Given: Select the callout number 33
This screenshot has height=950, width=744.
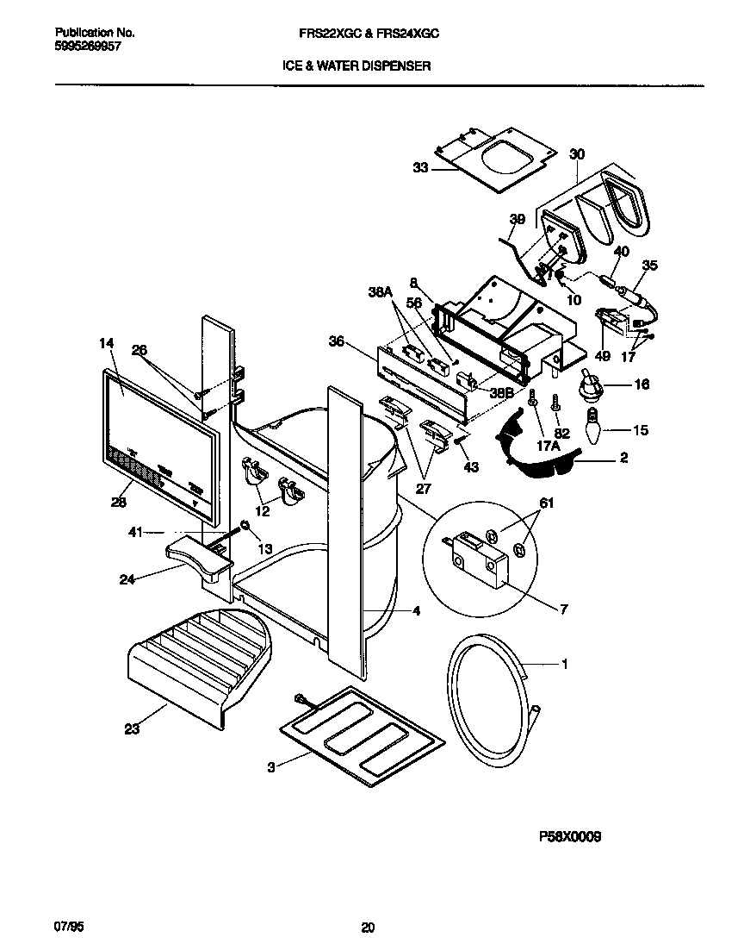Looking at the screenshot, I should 420,168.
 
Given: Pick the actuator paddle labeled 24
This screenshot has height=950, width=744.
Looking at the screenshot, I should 198,556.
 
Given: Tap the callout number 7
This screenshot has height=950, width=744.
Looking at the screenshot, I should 564,610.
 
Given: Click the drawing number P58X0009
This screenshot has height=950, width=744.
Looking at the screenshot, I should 570,835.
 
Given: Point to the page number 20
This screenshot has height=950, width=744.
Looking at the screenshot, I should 368,928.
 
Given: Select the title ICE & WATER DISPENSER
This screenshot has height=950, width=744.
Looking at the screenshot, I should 356,65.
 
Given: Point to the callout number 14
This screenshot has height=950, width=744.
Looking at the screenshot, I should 106,343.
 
